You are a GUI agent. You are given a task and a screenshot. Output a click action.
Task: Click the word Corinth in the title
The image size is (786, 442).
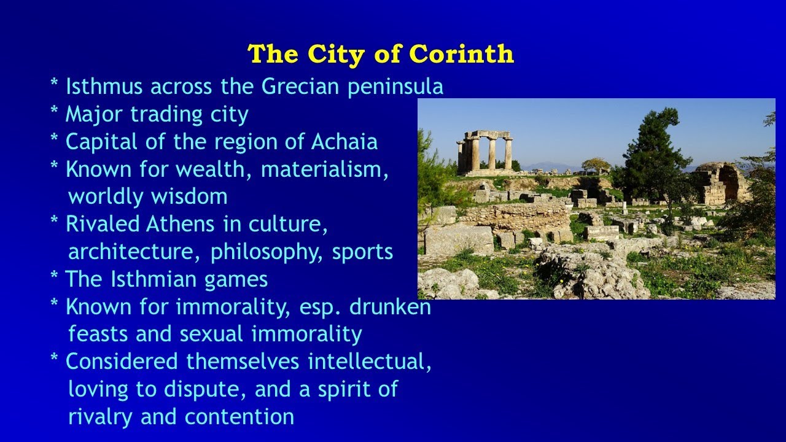(461, 54)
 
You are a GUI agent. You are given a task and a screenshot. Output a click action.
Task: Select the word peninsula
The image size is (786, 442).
(395, 87)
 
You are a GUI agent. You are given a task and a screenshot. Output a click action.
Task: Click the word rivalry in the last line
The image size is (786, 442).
(101, 417)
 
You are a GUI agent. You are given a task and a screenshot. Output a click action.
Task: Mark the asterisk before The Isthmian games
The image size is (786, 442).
(55, 278)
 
